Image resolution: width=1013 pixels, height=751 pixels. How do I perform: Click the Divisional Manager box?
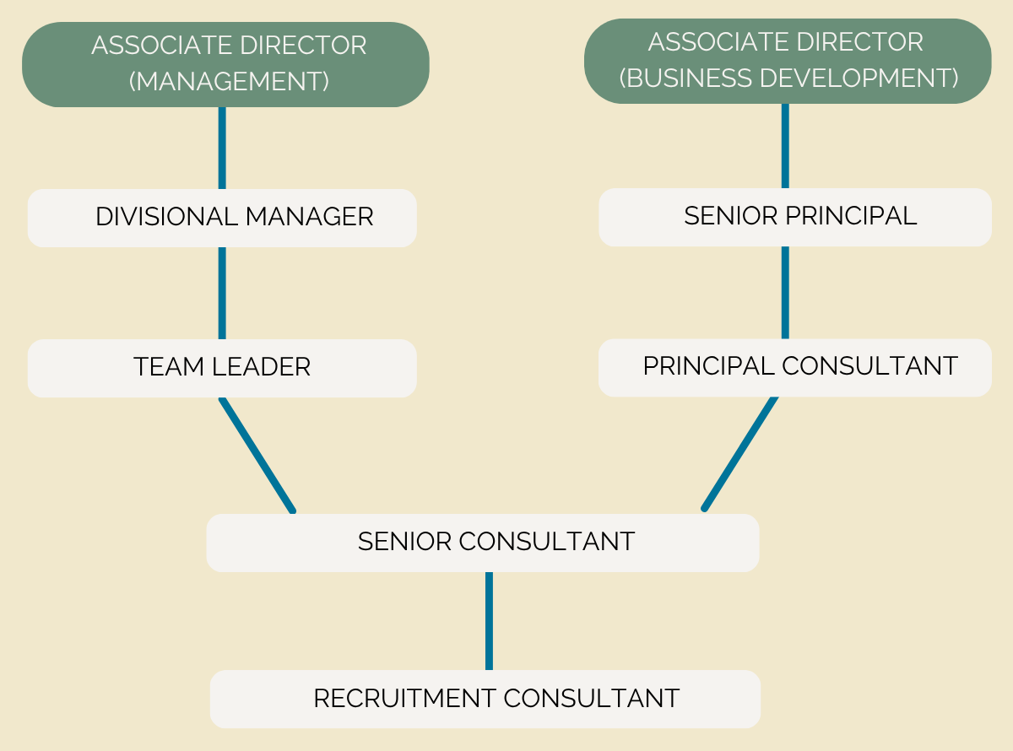[222, 219]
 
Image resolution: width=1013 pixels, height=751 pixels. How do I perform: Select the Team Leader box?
[222, 368]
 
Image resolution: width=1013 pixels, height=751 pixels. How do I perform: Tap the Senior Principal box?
[795, 218]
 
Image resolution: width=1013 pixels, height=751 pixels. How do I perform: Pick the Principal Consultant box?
[795, 368]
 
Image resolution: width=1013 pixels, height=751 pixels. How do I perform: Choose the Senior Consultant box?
[483, 543]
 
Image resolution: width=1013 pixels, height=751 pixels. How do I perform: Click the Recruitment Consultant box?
[485, 699]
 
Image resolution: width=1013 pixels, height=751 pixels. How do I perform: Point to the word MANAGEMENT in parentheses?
[229, 81]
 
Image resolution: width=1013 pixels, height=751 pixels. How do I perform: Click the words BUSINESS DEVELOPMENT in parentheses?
[788, 78]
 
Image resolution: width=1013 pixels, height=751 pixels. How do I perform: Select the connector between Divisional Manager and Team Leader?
[222, 293]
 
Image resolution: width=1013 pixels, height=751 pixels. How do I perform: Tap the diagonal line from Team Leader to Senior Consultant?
[257, 455]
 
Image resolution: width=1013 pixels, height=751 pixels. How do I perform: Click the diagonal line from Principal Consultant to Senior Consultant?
[739, 454]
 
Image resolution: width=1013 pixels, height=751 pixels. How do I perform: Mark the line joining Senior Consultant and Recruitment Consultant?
[489, 621]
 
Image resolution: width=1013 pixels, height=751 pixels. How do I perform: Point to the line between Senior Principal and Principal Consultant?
[785, 293]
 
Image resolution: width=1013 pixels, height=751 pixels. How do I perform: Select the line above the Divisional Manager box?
[222, 148]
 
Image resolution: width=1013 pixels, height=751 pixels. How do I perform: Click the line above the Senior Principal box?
[785, 146]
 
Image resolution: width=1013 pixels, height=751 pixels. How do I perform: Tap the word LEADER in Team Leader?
[261, 366]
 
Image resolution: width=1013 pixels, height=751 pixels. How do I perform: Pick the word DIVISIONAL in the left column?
[166, 216]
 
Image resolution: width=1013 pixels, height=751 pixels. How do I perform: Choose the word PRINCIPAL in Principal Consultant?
[709, 365]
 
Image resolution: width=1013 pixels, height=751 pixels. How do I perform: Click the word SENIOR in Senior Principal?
[731, 215]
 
